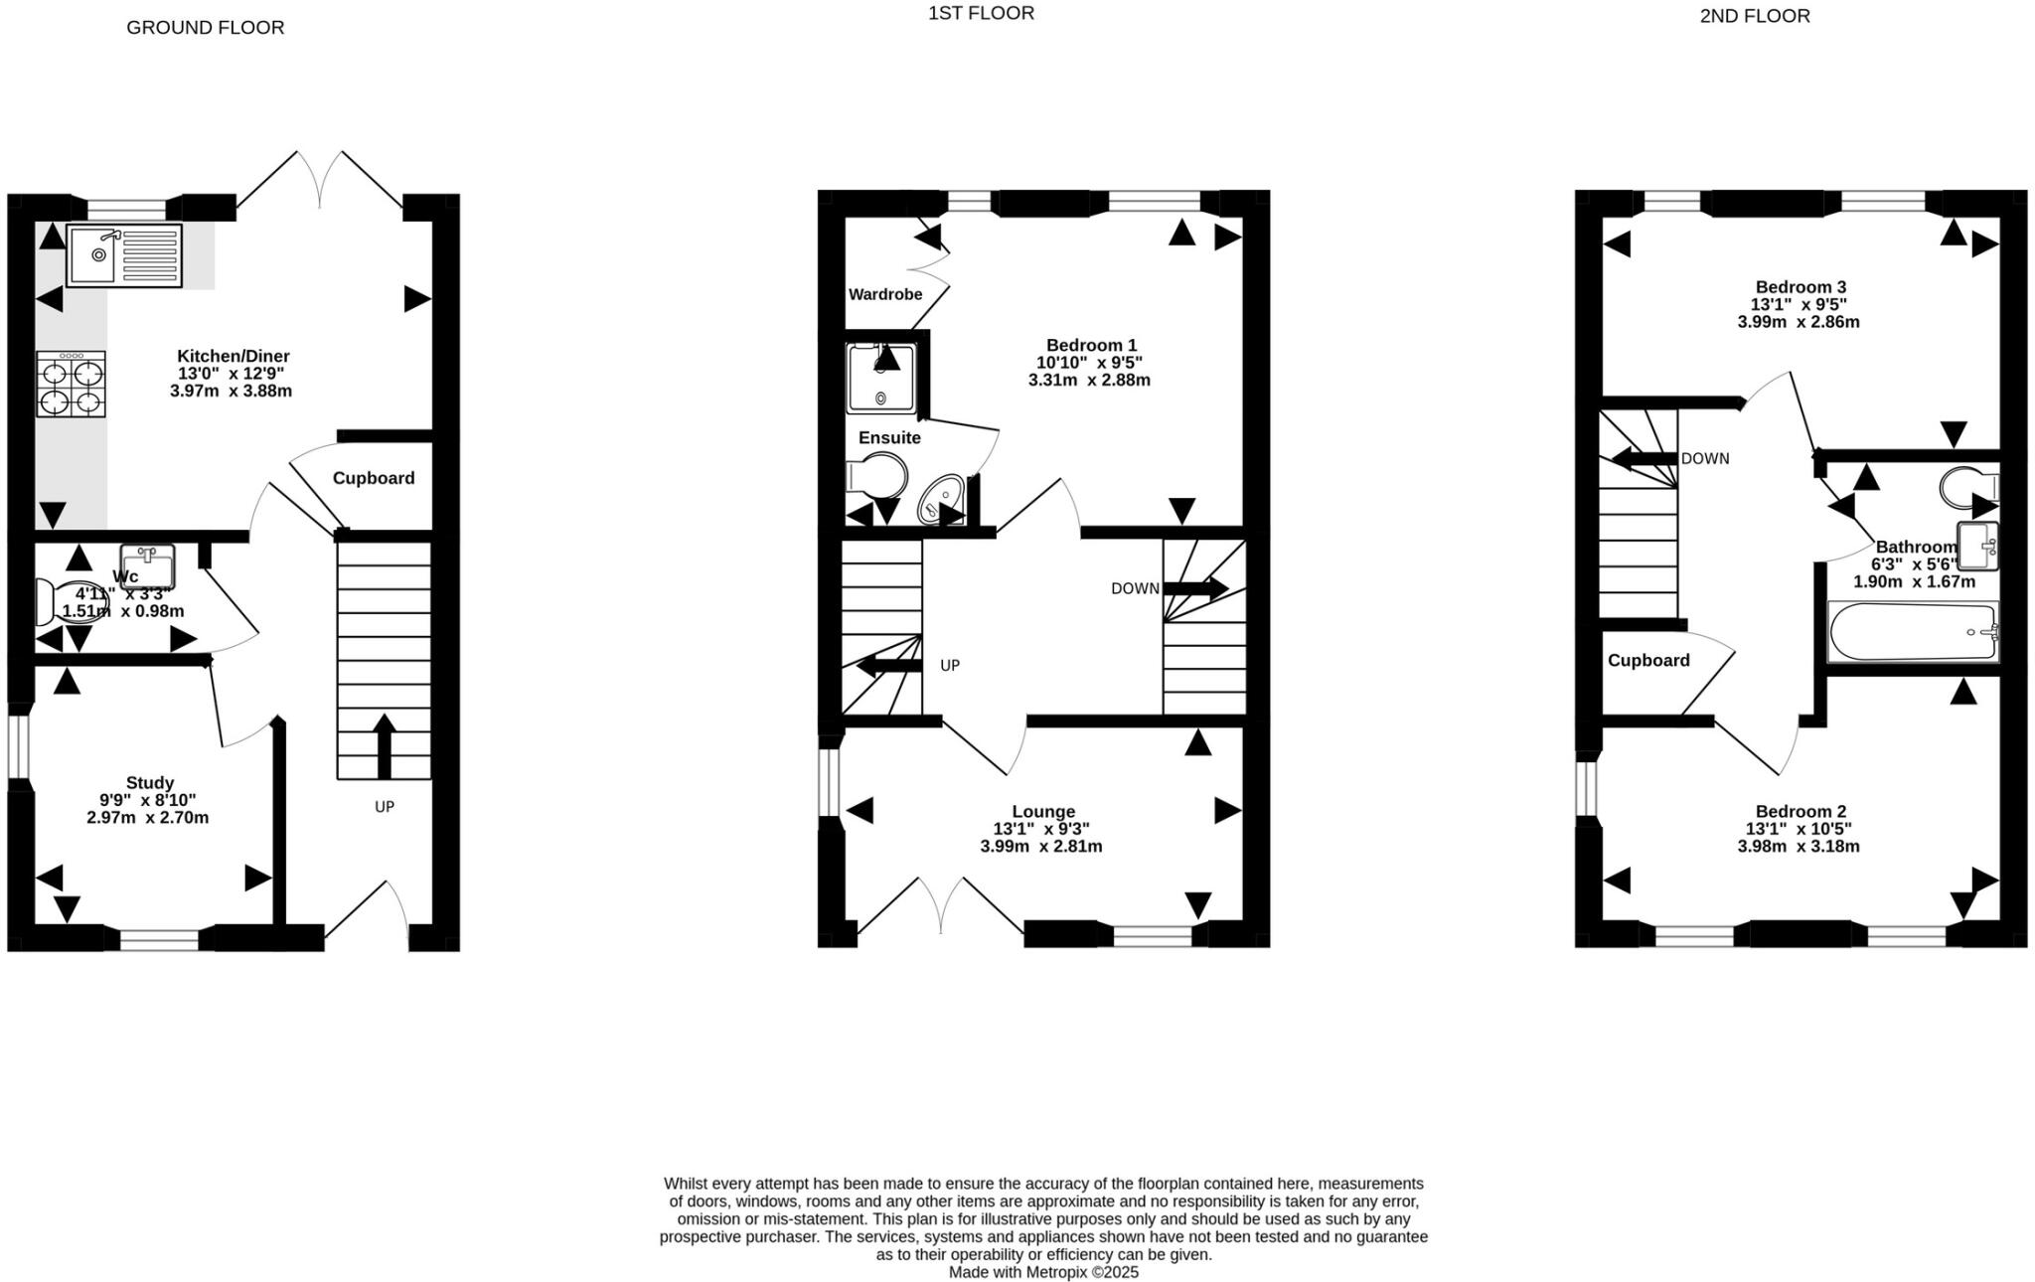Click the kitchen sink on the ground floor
(x=124, y=254)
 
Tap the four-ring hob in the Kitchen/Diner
(x=72, y=385)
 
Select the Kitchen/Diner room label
(x=234, y=356)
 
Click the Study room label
(x=149, y=783)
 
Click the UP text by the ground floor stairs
(x=385, y=807)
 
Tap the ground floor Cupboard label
(x=374, y=478)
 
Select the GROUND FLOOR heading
(x=205, y=28)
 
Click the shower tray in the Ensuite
(x=880, y=379)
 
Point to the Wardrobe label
(x=884, y=294)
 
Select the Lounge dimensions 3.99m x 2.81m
(x=1041, y=847)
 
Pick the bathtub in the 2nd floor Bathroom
(x=1913, y=632)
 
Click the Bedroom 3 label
(x=1800, y=287)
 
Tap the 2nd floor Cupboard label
(x=1648, y=661)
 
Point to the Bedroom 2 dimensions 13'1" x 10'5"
(x=1799, y=829)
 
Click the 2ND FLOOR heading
(x=1755, y=16)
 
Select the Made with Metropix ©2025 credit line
(x=1043, y=1272)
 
